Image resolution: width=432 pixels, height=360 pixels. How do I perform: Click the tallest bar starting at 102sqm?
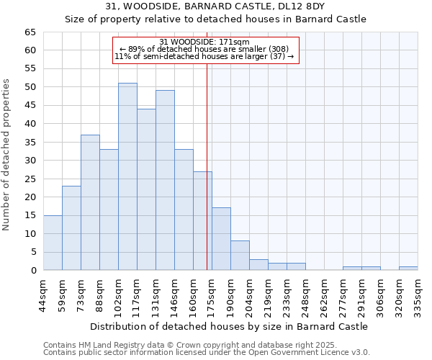(x=127, y=177)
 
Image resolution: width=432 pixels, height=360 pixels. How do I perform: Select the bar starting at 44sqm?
(x=53, y=243)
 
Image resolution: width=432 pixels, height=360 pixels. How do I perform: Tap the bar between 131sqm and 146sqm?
(x=165, y=180)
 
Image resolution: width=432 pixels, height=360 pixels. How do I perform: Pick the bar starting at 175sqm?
(x=221, y=239)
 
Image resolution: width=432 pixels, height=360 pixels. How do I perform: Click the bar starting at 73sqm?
(x=90, y=202)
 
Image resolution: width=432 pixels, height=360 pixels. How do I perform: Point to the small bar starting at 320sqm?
(x=408, y=269)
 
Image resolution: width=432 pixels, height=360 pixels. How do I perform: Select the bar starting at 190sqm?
(x=240, y=256)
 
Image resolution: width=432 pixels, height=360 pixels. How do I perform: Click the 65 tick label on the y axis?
(x=30, y=32)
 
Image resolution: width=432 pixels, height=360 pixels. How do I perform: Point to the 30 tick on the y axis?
(x=30, y=161)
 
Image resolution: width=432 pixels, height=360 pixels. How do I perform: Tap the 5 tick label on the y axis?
(x=32, y=252)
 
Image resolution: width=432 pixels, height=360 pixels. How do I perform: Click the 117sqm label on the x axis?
(x=137, y=293)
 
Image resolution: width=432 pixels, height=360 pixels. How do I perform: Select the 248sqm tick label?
(x=305, y=293)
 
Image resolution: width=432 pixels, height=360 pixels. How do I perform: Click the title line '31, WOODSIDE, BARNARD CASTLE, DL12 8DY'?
(x=215, y=6)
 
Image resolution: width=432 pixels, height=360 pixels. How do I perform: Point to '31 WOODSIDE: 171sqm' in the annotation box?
(x=204, y=42)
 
